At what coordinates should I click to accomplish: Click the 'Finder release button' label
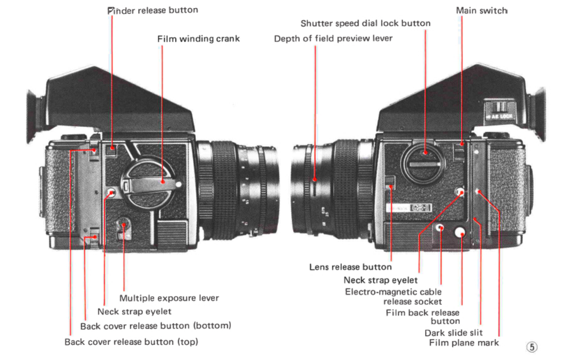(x=152, y=11)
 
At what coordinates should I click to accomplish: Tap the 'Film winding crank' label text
(x=198, y=39)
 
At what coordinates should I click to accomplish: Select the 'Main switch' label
(x=481, y=11)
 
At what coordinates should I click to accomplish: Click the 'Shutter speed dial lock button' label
(x=365, y=23)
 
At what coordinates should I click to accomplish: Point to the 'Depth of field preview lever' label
(x=333, y=39)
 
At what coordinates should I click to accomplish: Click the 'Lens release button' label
(x=350, y=267)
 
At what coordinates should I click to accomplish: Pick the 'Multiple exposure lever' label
(x=169, y=298)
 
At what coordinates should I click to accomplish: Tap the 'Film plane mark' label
(x=464, y=343)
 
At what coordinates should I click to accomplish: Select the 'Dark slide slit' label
(x=453, y=333)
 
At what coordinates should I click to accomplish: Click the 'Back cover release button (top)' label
(x=131, y=342)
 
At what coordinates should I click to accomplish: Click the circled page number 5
(x=532, y=347)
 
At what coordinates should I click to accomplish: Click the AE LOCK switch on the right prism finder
(x=499, y=110)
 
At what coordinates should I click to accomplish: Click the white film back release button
(x=460, y=232)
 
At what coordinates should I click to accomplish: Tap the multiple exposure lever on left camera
(x=124, y=227)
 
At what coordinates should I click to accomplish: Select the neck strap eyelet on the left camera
(x=111, y=192)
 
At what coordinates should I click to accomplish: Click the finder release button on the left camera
(x=112, y=149)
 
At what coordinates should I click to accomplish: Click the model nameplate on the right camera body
(x=409, y=208)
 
